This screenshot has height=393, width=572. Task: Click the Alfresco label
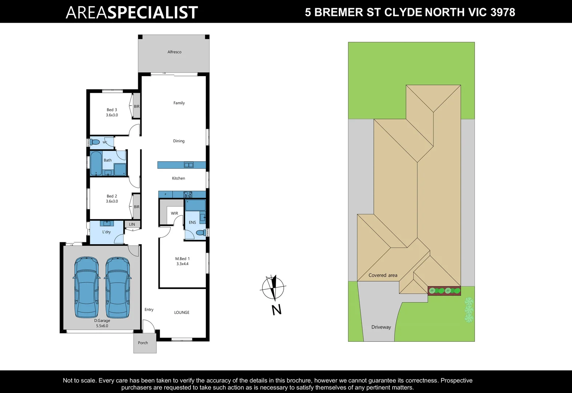(x=175, y=52)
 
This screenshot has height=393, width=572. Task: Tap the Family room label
(x=179, y=103)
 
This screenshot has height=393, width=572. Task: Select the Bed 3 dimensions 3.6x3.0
(x=112, y=115)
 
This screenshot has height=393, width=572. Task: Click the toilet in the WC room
(x=95, y=142)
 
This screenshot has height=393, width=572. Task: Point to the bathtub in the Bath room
(x=96, y=163)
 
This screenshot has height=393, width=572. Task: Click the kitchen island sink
(x=189, y=165)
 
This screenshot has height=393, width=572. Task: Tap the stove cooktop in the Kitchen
(x=188, y=195)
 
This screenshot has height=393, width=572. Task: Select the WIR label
(x=175, y=214)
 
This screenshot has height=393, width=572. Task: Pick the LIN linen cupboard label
(x=132, y=225)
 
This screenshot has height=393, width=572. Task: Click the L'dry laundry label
(x=106, y=232)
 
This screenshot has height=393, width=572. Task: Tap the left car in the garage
(x=87, y=287)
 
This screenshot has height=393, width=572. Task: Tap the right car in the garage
(x=118, y=287)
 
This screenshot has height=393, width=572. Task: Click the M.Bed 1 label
(x=182, y=259)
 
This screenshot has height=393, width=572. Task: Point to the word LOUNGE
(x=181, y=313)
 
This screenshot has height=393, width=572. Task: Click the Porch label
(x=143, y=343)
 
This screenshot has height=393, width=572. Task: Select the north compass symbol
(x=273, y=287)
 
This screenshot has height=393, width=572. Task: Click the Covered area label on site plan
(x=383, y=275)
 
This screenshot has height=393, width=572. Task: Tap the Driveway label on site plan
(x=381, y=327)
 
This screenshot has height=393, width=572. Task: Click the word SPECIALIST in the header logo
(x=152, y=12)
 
